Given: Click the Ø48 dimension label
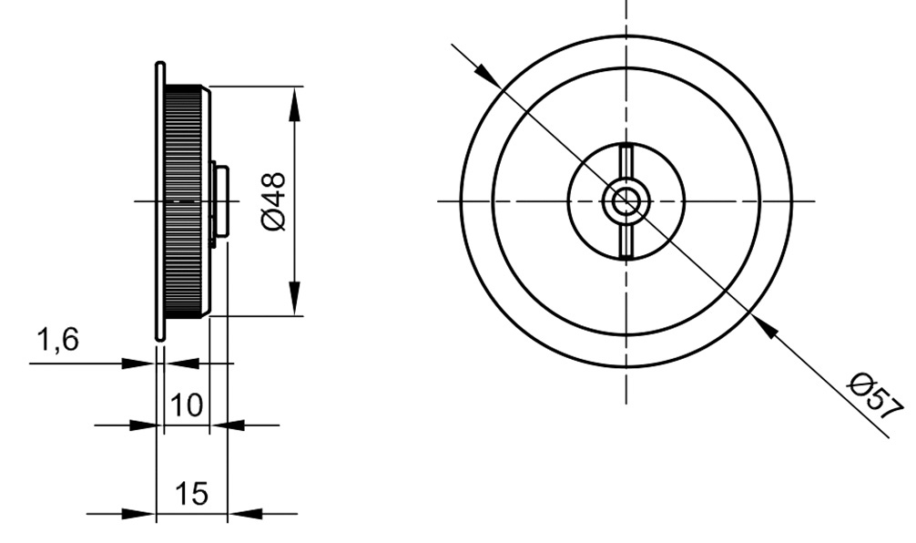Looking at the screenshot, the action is pyautogui.click(x=275, y=201).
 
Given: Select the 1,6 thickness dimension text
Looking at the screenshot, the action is pyautogui.click(x=58, y=340).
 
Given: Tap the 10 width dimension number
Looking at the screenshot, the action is pyautogui.click(x=187, y=405).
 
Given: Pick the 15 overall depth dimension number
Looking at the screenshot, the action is pyautogui.click(x=191, y=493).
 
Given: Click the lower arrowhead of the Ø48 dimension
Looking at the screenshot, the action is pyautogui.click(x=294, y=298).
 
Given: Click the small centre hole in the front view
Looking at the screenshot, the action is pyautogui.click(x=626, y=201).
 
